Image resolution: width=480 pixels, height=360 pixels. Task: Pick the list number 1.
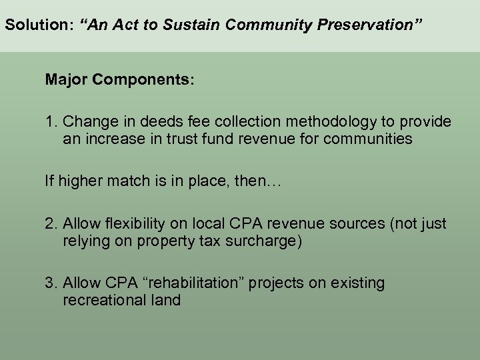point(50,122)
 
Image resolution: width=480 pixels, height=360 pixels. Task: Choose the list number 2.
point(50,223)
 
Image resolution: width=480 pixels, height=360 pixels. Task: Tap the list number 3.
point(50,283)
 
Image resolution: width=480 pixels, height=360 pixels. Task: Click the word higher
point(79,181)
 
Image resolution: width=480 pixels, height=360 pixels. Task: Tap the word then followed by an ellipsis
point(263,181)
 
